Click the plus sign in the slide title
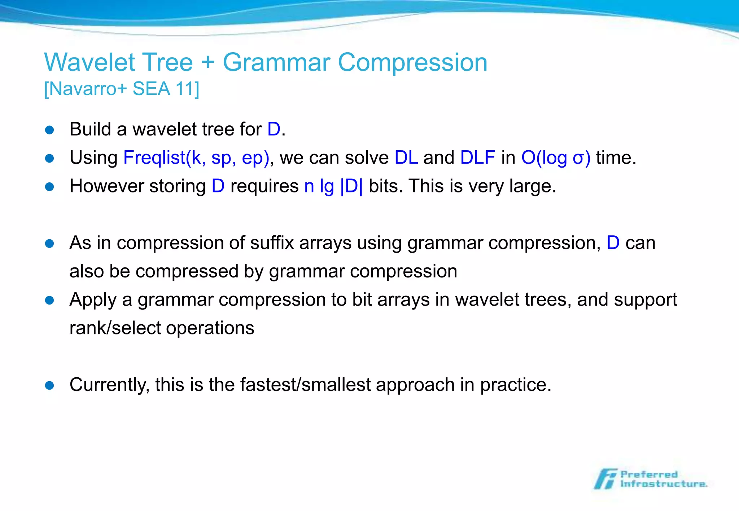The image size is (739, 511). (208, 62)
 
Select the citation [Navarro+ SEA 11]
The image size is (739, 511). (122, 89)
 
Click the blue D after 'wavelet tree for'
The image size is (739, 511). (274, 129)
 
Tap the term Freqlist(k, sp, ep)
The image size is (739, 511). (196, 158)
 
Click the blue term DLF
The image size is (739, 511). (478, 158)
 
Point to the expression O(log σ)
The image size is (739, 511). (556, 158)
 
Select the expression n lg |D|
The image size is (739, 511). (333, 186)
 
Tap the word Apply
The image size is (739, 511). (93, 300)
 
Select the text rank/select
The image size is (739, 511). (115, 328)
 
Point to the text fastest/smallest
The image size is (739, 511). (305, 385)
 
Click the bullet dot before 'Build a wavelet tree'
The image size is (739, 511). (49, 130)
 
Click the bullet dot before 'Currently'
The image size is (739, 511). (49, 386)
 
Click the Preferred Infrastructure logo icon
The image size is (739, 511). (605, 479)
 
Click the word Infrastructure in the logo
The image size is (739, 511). (663, 484)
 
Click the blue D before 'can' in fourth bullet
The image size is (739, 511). (613, 243)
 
